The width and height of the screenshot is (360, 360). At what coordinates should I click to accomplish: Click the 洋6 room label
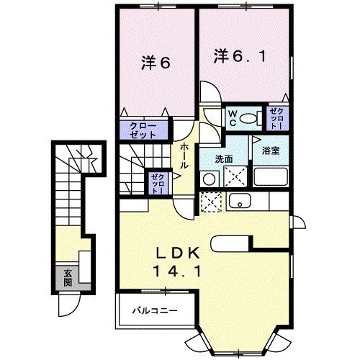(155, 63)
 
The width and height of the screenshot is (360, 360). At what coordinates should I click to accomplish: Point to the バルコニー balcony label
(154, 312)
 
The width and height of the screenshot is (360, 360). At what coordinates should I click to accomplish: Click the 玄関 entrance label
(67, 277)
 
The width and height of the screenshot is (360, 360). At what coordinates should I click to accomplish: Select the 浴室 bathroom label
(271, 152)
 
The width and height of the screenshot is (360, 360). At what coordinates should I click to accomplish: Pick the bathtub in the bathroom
(271, 176)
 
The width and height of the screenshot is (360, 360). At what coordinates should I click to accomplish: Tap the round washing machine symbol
(208, 178)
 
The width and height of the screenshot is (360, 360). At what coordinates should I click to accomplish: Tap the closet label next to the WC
(276, 118)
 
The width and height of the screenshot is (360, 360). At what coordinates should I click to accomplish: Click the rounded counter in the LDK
(232, 243)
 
